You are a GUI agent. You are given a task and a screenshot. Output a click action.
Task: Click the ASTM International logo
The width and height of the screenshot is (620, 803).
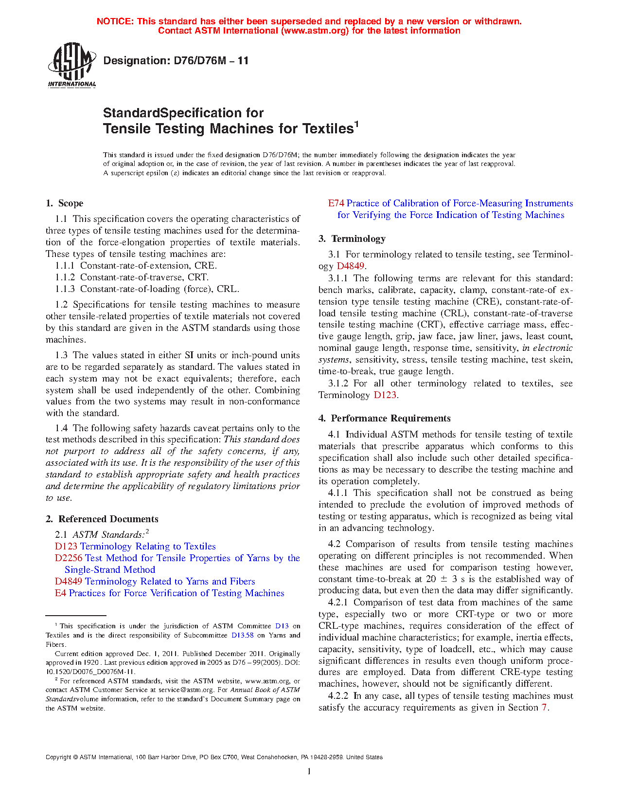tap(71, 65)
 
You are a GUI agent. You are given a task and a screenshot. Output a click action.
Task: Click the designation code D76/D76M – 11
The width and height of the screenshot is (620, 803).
tap(176, 61)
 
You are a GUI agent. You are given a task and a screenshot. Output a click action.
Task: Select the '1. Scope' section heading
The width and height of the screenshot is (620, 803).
tap(64, 203)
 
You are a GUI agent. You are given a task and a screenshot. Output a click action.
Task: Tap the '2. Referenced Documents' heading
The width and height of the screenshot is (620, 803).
tap(102, 519)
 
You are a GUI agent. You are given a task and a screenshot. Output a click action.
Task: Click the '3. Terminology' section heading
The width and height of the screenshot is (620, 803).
tap(352, 239)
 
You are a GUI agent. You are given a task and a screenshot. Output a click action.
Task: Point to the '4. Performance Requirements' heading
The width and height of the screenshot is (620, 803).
tap(385, 419)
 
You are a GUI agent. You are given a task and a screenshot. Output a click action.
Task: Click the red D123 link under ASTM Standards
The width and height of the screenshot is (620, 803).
tap(66, 547)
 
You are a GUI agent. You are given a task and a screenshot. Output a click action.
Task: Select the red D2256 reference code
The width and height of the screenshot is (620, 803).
tap(69, 558)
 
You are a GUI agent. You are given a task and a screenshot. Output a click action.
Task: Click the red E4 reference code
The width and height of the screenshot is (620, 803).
tap(60, 593)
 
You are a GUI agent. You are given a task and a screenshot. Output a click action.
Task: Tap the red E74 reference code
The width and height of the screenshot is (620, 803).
tap(336, 203)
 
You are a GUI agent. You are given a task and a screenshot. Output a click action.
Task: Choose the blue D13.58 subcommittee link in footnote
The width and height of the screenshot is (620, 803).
tap(242, 635)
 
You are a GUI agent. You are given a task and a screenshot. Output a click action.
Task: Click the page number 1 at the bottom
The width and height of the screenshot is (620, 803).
tap(309, 771)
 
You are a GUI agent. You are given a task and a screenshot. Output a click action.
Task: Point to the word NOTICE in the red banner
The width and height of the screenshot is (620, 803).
tap(115, 21)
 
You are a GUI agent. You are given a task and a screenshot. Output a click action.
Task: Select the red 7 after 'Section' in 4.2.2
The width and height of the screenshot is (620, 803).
tap(544, 708)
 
